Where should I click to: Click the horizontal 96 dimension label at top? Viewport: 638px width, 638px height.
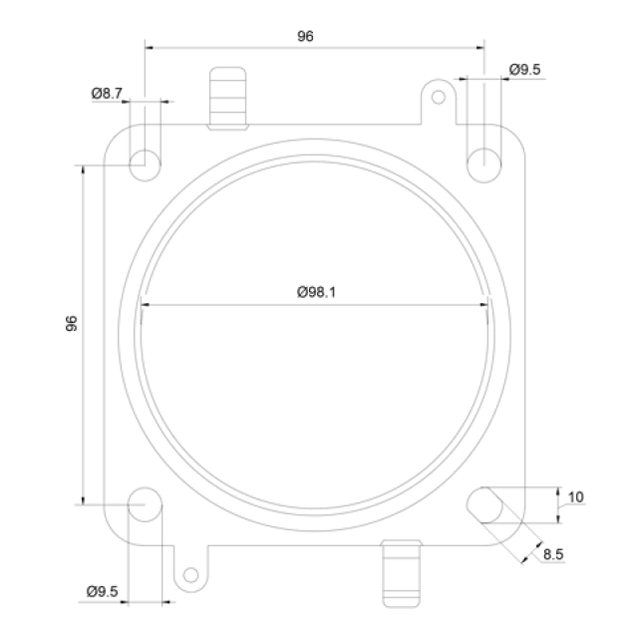(305, 36)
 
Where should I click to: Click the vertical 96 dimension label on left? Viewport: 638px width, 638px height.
(72, 323)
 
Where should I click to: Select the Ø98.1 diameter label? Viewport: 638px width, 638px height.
(316, 292)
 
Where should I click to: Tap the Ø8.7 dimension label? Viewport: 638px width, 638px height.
(107, 93)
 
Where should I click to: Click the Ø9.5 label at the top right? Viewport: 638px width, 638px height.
(525, 70)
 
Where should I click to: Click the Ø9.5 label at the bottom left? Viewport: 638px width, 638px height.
(102, 591)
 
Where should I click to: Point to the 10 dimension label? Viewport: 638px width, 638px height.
(575, 497)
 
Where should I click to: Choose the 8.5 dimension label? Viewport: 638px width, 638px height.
(553, 554)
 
